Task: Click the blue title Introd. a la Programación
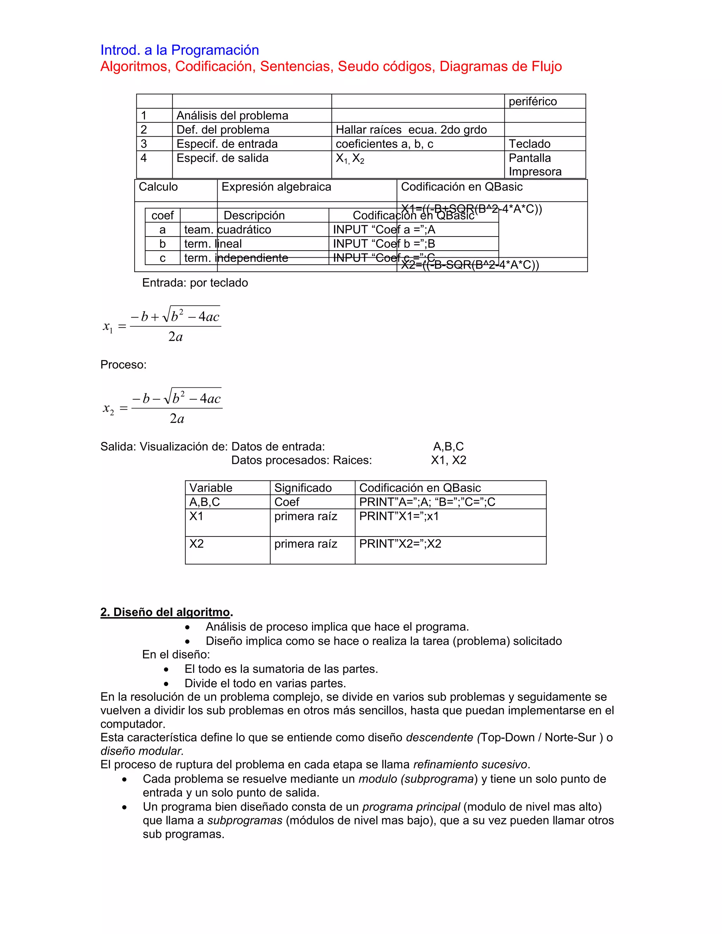(180, 50)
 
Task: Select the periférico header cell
(533, 102)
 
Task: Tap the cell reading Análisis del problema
(232, 116)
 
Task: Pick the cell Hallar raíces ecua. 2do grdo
(411, 130)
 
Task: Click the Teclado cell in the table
(529, 144)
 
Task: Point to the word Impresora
(535, 172)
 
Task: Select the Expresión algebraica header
(276, 187)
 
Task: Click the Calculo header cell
(158, 187)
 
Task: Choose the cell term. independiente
(236, 258)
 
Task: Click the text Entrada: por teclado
(195, 283)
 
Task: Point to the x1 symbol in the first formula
(108, 327)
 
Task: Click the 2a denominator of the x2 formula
(177, 418)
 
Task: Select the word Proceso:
(123, 365)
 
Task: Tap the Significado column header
(303, 488)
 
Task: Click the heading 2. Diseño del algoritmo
(166, 612)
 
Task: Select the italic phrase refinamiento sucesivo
(471, 764)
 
